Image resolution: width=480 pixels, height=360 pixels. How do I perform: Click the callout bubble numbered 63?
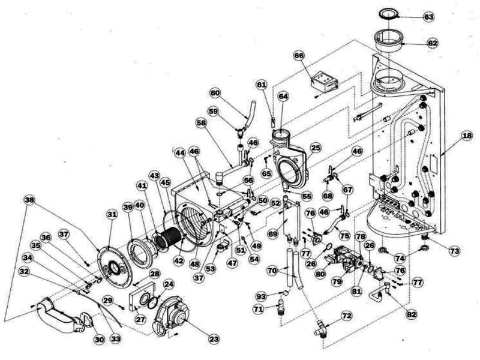[428, 17]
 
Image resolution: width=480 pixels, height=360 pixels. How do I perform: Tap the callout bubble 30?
[99, 340]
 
